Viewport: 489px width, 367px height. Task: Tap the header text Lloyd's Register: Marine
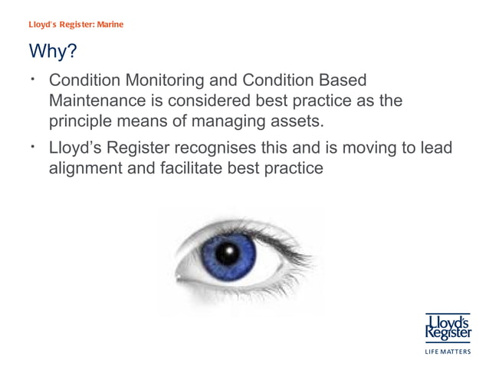coord(76,24)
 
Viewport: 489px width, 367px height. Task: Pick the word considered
coord(225,101)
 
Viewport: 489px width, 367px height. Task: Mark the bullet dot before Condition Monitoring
coord(35,80)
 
